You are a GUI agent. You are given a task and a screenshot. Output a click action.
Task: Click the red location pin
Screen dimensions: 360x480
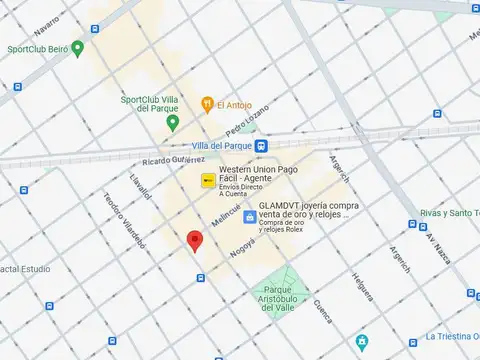[x=195, y=240]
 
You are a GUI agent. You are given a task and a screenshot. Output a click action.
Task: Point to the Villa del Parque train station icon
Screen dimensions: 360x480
[x=260, y=146]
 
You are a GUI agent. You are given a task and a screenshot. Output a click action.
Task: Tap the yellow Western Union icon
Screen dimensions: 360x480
[x=208, y=181]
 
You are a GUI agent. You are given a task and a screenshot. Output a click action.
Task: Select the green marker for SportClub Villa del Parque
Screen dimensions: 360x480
[x=172, y=123]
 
